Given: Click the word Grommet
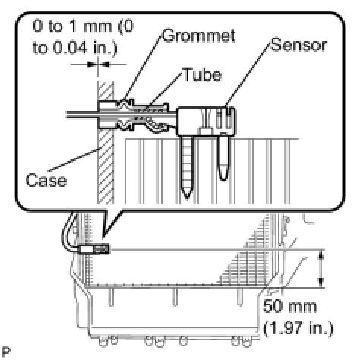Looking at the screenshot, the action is pos(199,36).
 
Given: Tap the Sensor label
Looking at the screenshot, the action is pos(298,45).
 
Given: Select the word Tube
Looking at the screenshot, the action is pos(202,74).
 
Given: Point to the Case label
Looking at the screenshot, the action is pos(46,180).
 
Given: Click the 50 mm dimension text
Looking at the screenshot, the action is pos(290,307).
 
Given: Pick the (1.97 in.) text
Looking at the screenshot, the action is pos(298,328).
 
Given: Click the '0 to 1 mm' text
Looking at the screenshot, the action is pos(73,26).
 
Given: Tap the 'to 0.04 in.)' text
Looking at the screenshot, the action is pos(75,47).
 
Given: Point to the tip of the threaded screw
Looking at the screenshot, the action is pos(188,198).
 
